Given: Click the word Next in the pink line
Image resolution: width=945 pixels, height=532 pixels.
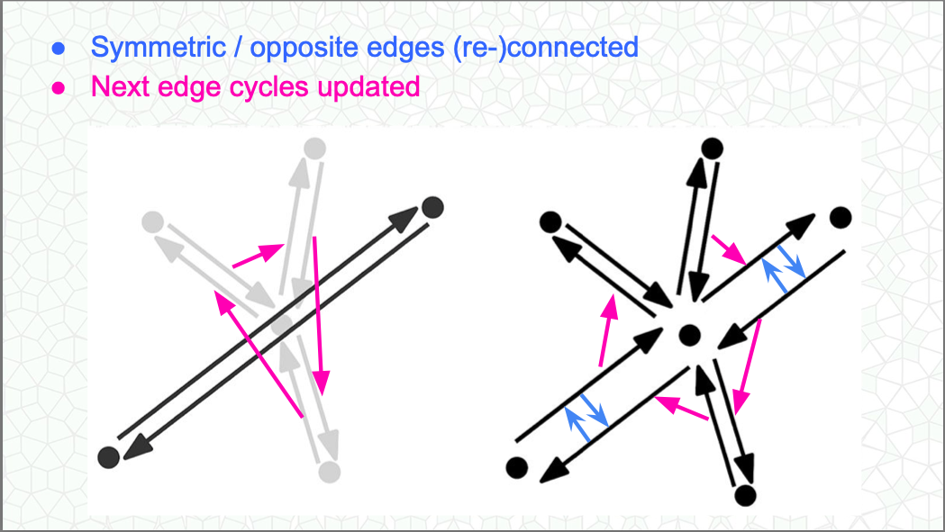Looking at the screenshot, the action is [120, 87].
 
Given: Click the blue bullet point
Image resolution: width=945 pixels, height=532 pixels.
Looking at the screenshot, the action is [59, 49].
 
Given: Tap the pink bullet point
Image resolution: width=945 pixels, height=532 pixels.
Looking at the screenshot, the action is [59, 88].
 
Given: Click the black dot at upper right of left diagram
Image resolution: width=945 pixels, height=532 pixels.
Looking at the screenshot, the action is [433, 207].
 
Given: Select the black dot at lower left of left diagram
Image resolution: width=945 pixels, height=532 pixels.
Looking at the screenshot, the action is [108, 456].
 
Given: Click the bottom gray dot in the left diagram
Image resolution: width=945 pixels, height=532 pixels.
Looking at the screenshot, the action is [329, 471].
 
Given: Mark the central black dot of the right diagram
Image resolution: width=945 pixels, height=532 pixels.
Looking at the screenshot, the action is [689, 336].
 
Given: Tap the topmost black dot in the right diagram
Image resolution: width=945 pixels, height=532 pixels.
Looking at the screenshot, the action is [711, 148].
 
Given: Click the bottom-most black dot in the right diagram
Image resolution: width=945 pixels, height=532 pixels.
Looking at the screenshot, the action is [744, 494].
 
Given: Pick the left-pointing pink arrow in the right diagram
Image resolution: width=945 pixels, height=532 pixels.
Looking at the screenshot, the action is [680, 408].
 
